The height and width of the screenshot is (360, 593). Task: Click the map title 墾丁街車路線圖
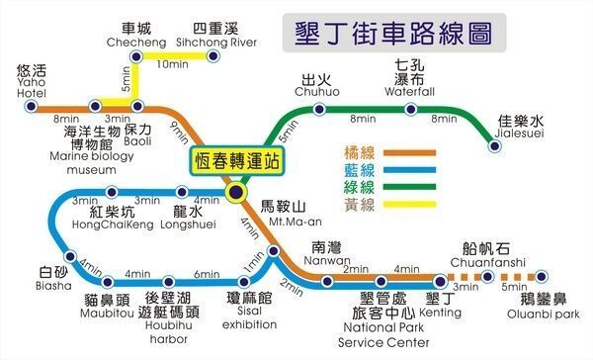pyautogui.click(x=394, y=33)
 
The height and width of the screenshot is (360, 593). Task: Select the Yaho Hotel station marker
pyautogui.click(x=32, y=106)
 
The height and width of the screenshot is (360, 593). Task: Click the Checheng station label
pyautogui.click(x=137, y=36)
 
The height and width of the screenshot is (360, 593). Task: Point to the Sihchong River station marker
pyautogui.click(x=210, y=57)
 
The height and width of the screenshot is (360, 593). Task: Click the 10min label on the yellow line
pyautogui.click(x=173, y=65)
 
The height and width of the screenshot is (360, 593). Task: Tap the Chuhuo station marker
pyautogui.click(x=317, y=106)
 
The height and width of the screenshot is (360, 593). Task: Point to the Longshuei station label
pyautogui.click(x=187, y=219)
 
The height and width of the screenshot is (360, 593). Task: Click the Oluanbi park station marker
pyautogui.click(x=540, y=278)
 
